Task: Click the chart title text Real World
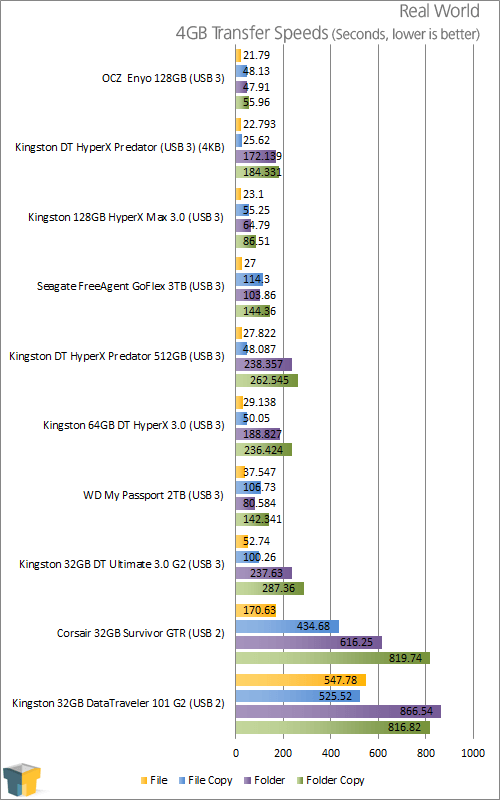pyautogui.click(x=439, y=11)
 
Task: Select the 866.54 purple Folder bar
pyautogui.click(x=338, y=712)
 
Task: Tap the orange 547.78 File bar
pyautogui.click(x=301, y=680)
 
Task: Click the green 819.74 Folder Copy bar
pyautogui.click(x=333, y=658)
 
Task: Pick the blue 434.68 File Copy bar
pyautogui.click(x=287, y=626)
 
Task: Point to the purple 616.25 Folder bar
pyautogui.click(x=309, y=642)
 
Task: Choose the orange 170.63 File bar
pyautogui.click(x=256, y=610)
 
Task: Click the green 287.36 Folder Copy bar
pyautogui.click(x=270, y=588)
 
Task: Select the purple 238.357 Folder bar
pyautogui.click(x=264, y=364)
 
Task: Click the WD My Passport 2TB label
pyautogui.click(x=153, y=495)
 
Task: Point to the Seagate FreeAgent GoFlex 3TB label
pyautogui.click(x=131, y=287)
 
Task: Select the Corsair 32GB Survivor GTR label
pyautogui.click(x=140, y=634)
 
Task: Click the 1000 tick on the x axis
pyautogui.click(x=473, y=752)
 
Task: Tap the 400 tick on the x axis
pyautogui.click(x=331, y=752)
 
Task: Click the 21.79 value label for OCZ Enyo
pyautogui.click(x=257, y=55)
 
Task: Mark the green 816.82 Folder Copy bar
pyautogui.click(x=333, y=728)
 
